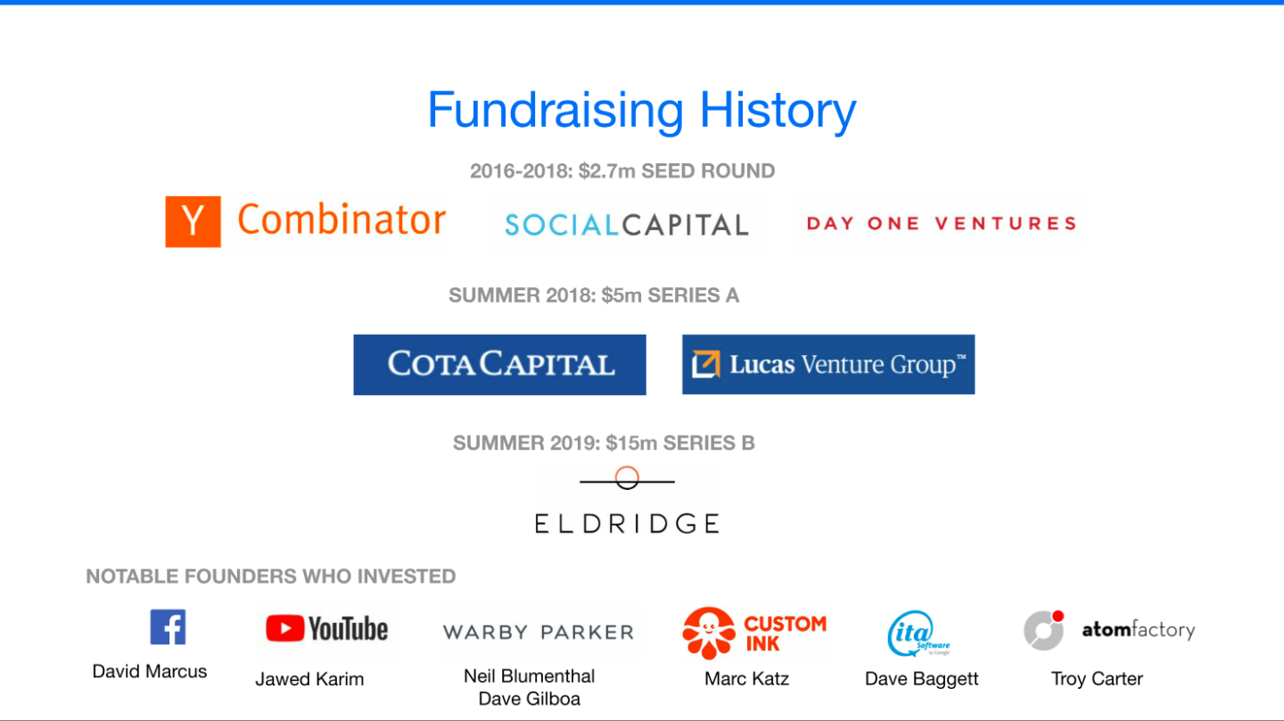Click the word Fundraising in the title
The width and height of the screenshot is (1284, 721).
[556, 110]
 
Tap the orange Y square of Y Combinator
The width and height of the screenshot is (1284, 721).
[193, 222]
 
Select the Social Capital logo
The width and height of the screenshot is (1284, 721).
[627, 225]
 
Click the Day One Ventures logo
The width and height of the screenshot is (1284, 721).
[942, 223]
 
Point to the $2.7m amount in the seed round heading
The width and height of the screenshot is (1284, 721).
[607, 171]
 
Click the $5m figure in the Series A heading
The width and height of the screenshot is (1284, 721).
[621, 295]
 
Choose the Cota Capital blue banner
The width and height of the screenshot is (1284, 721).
[500, 365]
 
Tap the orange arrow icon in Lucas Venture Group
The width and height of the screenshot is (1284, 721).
[705, 364]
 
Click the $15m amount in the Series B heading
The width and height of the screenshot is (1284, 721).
[631, 443]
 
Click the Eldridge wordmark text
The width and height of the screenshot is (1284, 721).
[627, 524]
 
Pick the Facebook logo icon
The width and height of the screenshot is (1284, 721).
[168, 627]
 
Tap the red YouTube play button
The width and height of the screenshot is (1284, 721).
[285, 628]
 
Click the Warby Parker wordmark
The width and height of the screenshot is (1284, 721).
[539, 632]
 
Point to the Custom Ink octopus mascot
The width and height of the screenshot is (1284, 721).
[709, 634]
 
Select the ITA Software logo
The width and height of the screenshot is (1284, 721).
[918, 634]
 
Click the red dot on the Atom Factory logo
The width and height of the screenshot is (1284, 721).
[1058, 616]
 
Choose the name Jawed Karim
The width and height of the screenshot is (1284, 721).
[309, 679]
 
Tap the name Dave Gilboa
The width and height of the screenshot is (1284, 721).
[529, 699]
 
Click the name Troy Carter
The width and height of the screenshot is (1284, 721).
[1097, 679]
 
